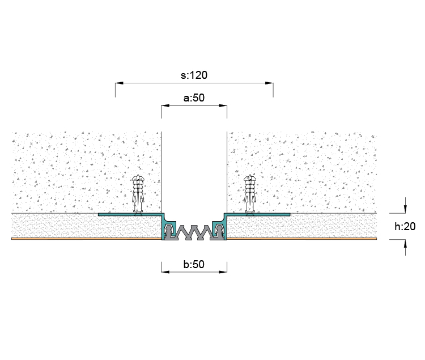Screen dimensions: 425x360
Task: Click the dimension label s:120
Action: (194, 75)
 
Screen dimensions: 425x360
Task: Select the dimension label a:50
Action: (194, 98)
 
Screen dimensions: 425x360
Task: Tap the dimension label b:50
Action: (194, 264)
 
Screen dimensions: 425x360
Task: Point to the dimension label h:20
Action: (405, 226)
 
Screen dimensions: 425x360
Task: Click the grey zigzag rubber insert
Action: (194, 232)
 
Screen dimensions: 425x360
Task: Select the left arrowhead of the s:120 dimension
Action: (119, 83)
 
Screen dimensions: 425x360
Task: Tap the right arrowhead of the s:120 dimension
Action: (269, 83)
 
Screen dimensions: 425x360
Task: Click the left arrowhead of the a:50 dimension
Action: (165, 105)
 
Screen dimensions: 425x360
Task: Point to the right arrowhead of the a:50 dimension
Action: (223, 105)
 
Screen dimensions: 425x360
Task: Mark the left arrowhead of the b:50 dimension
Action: (165, 272)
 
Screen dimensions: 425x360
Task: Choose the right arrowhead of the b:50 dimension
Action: (223, 272)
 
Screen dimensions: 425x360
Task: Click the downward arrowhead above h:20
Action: (405, 209)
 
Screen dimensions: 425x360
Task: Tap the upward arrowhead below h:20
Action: (405, 244)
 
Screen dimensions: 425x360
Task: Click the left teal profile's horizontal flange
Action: (130, 214)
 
